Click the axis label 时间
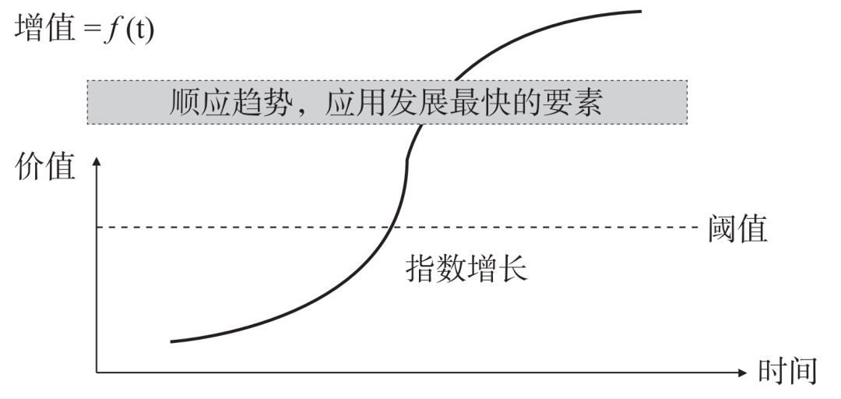787,372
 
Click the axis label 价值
46,167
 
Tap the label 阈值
738,228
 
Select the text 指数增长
466,268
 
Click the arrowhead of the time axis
741,373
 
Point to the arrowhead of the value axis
97,162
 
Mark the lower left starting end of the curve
171,341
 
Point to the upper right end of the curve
640,11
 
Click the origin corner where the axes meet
97,373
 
